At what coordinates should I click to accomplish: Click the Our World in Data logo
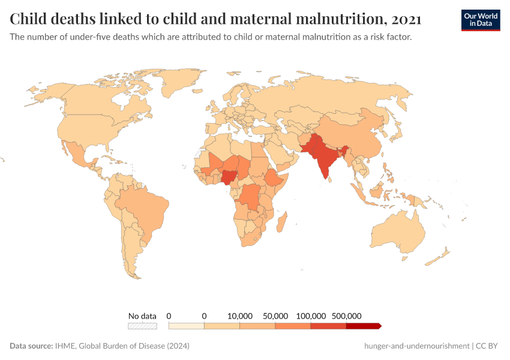[481, 19]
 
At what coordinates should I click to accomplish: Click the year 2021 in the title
[405, 19]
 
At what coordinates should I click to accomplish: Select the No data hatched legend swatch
[142, 326]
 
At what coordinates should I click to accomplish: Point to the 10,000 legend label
[240, 316]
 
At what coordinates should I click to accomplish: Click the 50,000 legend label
[275, 316]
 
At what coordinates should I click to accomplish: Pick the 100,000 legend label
[311, 316]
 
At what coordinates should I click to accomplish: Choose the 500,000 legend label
[346, 316]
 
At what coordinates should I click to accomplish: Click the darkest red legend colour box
[363, 326]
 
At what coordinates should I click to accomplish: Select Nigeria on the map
[229, 176]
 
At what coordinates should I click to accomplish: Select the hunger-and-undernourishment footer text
[416, 346]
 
